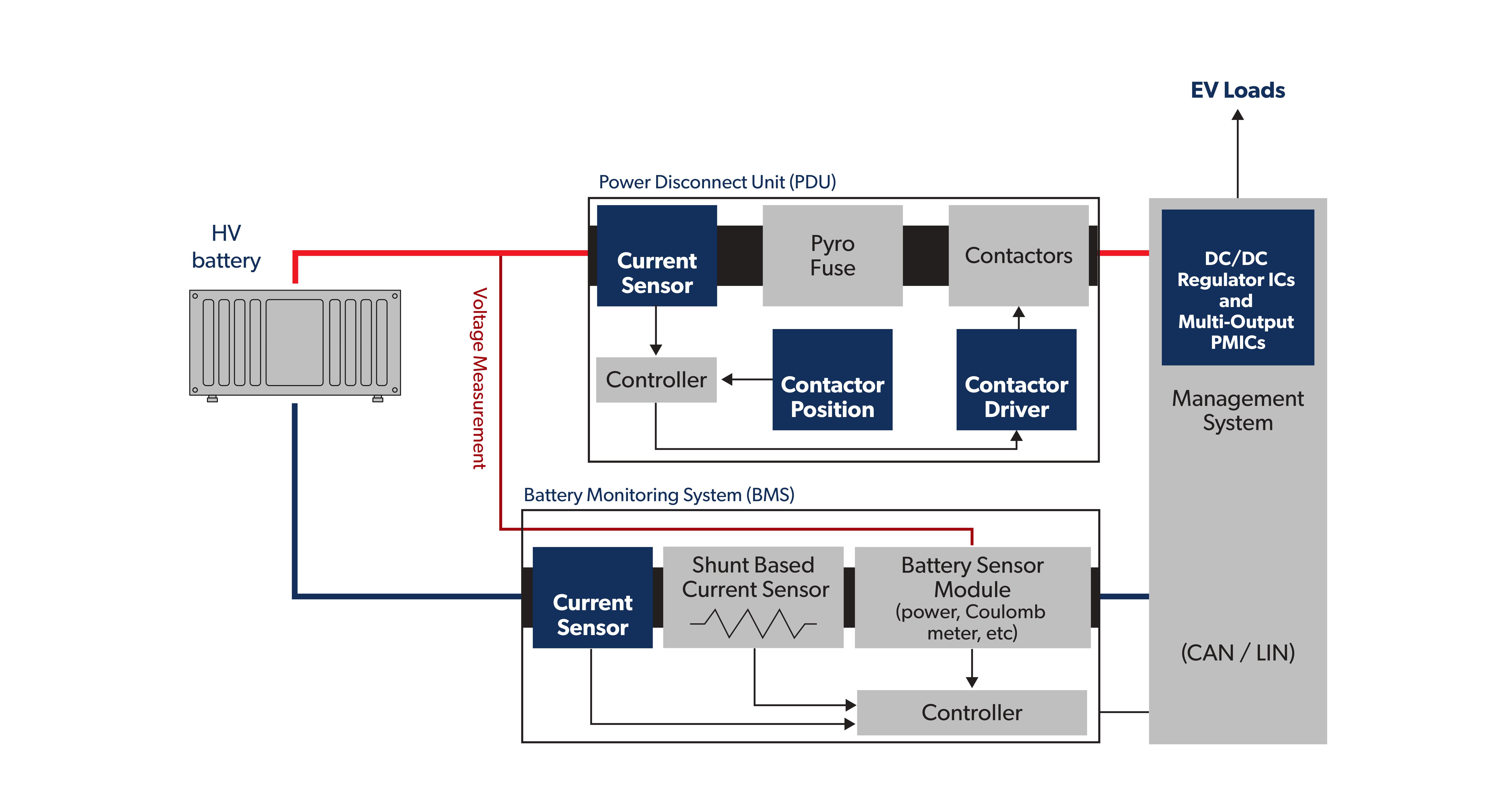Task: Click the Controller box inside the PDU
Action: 656,380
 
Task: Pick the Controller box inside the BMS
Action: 971,712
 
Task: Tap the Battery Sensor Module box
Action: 972,597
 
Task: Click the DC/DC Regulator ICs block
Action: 1237,287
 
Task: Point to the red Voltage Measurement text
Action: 479,378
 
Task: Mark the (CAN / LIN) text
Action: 1237,652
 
